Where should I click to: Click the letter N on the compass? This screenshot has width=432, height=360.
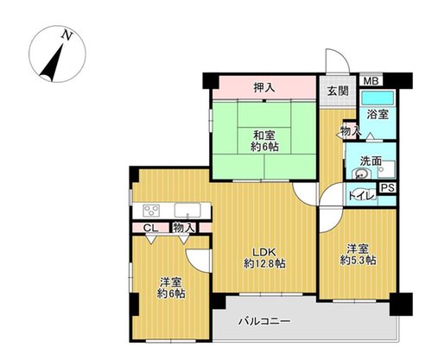click(x=67, y=35)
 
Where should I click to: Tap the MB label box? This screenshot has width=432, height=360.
click(x=371, y=81)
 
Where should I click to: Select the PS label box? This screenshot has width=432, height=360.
click(x=387, y=188)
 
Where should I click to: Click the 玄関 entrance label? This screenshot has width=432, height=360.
click(x=338, y=91)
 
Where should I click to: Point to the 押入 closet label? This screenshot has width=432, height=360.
click(x=264, y=87)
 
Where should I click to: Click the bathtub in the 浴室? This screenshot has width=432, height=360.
click(x=378, y=98)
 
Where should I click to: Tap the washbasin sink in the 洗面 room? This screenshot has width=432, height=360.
click(x=360, y=174)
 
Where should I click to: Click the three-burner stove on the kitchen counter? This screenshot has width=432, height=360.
click(x=151, y=210)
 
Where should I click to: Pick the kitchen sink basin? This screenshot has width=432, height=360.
click(x=187, y=210)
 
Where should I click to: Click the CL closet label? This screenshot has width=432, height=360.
click(x=150, y=229)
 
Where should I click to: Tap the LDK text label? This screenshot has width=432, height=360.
click(x=264, y=252)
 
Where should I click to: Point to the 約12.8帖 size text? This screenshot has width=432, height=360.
click(x=264, y=263)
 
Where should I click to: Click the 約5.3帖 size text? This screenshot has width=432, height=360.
click(x=358, y=261)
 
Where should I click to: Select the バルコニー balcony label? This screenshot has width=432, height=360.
click(x=264, y=321)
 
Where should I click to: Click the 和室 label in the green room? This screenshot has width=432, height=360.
click(x=264, y=135)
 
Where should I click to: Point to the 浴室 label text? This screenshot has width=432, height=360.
click(x=378, y=115)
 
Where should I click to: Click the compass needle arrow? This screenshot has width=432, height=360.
click(x=52, y=62)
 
